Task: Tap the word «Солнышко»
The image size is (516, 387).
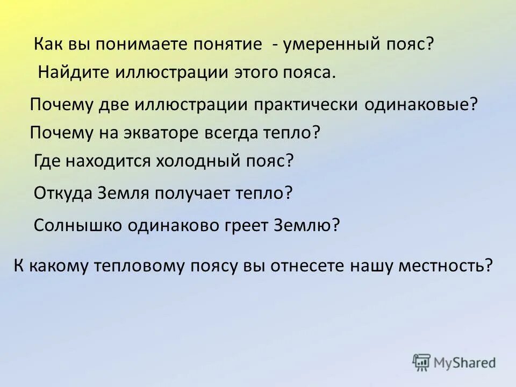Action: click(x=76, y=225)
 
